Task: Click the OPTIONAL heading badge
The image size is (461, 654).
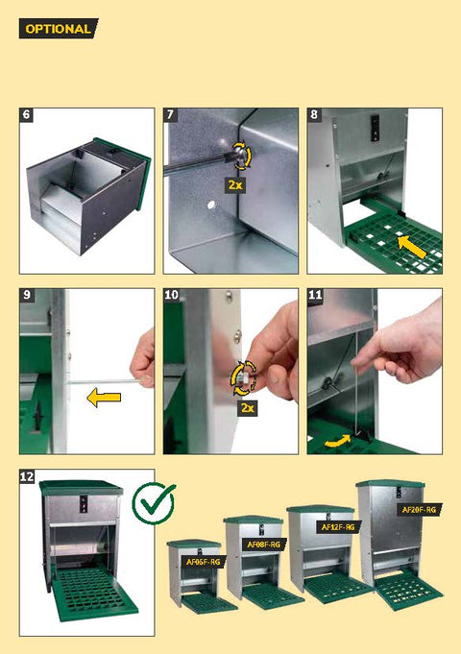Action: pos(59,29)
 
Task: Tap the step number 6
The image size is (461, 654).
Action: pos(26,114)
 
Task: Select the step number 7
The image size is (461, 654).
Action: pos(170,114)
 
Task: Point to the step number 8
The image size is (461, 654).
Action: pos(314,114)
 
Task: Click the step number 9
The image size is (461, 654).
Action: pos(26,295)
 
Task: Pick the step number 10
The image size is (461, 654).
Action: pos(171,295)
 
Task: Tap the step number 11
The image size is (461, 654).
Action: pos(315,295)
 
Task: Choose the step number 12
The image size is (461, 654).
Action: pos(27,476)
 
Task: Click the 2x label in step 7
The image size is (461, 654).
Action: pos(235,184)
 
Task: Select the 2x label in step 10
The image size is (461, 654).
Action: pos(248,407)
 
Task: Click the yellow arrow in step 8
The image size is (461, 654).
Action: pos(412,247)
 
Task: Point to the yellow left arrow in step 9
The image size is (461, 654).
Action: pos(104,398)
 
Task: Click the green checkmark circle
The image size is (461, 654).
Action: pos(153,503)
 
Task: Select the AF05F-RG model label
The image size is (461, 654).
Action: pos(204,562)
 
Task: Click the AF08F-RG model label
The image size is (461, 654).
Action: pos(264,545)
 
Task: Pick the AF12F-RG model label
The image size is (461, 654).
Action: pos(338,527)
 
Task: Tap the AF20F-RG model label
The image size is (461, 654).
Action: pos(419,510)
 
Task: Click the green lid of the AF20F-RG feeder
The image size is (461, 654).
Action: pos(391,484)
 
